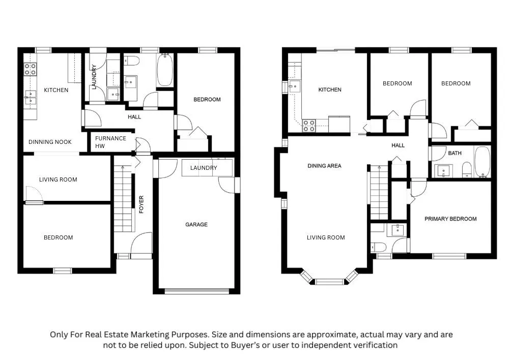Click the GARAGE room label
pos(196,225)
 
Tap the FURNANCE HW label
pos(110,142)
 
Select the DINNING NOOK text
pos(50,142)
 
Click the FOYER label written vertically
pos(141,204)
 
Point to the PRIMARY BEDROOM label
pos(450,219)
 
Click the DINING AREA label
pos(324,166)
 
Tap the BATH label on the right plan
pos(455,153)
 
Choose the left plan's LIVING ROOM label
pos(58,179)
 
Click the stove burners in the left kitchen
pos(30,69)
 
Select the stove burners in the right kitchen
pos(308,126)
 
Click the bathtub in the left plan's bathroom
pos(165,70)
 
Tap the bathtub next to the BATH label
pos(482,162)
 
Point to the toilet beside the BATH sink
pos(467,170)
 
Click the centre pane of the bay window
pos(329,282)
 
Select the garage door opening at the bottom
pos(196,291)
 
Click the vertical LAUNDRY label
pos(94,77)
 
